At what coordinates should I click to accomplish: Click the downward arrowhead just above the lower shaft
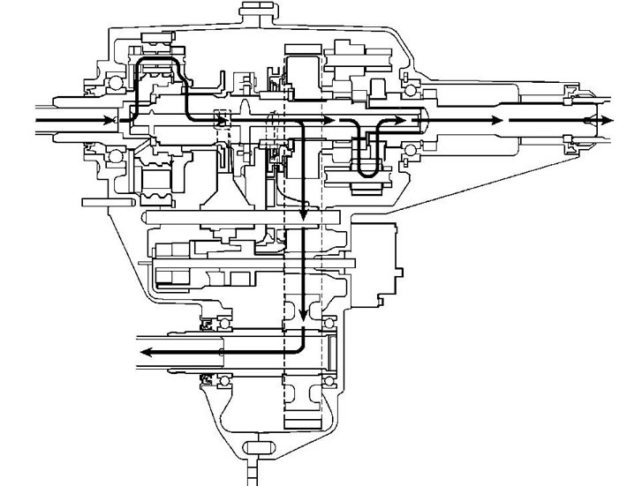click(x=303, y=317)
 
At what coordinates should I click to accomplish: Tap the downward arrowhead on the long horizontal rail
click(x=303, y=214)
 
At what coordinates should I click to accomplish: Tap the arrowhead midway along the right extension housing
click(x=500, y=120)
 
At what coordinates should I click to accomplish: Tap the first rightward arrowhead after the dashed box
click(x=329, y=120)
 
